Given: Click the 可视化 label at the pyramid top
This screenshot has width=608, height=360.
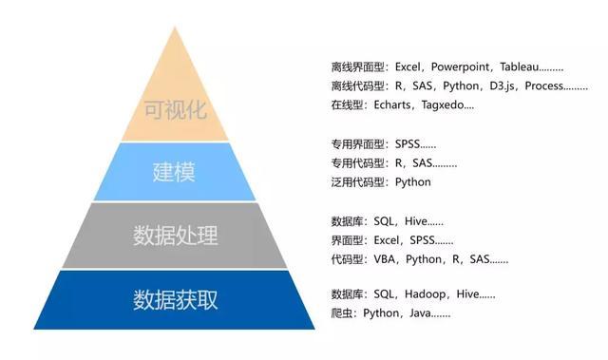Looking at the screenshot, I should click(x=173, y=106).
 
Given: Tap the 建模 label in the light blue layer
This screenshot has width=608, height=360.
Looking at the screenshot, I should click(x=173, y=172).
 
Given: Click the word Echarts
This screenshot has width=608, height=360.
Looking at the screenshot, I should click(x=390, y=105).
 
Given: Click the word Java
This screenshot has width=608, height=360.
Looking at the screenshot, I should click(x=423, y=313).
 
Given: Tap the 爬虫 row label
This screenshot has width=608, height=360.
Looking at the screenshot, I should click(x=342, y=313).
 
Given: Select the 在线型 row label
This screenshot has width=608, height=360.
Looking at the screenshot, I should click(x=348, y=105).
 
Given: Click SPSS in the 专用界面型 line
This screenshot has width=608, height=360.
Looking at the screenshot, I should click(x=406, y=144).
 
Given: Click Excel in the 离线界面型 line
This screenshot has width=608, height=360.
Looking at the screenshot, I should click(x=406, y=68).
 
